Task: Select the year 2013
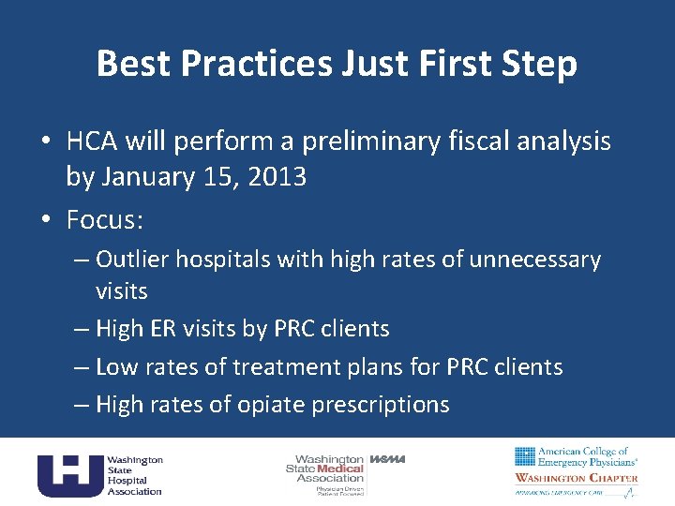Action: coord(274,176)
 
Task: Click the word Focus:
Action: coord(104,219)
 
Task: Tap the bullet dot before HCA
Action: coord(45,142)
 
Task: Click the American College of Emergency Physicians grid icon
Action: coord(525,456)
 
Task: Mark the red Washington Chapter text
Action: coord(576,478)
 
